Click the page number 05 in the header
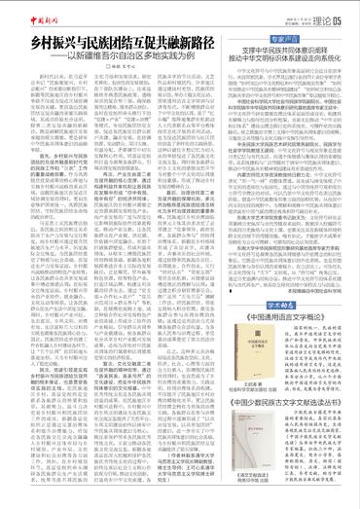[336, 14]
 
